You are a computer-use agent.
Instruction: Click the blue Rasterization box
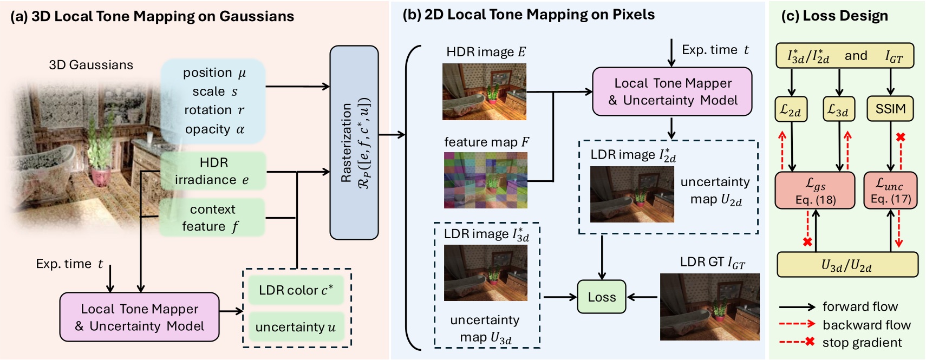pyautogui.click(x=354, y=142)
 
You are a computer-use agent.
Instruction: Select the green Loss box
pyautogui.click(x=602, y=297)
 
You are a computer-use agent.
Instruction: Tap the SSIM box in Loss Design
pyautogui.click(x=890, y=109)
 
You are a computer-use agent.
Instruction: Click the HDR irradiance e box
pyautogui.click(x=213, y=171)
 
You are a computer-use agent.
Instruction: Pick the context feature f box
pyautogui.click(x=212, y=218)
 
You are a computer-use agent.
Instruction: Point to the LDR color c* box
pyautogui.click(x=296, y=290)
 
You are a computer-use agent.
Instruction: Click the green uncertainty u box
pyautogui.click(x=296, y=327)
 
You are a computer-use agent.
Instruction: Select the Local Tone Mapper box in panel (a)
pyautogui.click(x=139, y=317)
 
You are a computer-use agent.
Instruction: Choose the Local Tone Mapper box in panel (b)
pyautogui.click(x=672, y=91)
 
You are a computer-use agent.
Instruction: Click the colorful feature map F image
pyautogui.click(x=485, y=180)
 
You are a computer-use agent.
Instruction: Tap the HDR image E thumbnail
pyautogui.click(x=484, y=91)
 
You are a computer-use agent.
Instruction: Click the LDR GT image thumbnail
pyautogui.click(x=709, y=307)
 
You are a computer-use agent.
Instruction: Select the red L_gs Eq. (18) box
pyautogui.click(x=814, y=191)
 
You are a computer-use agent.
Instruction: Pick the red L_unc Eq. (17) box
pyautogui.click(x=890, y=191)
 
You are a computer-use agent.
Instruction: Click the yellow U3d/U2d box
pyautogui.click(x=847, y=265)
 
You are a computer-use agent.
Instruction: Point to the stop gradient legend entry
pyautogui.click(x=862, y=342)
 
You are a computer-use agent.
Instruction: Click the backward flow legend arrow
pyautogui.click(x=797, y=324)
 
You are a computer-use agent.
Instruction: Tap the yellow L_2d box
pyautogui.click(x=791, y=110)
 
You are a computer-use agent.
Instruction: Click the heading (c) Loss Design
pyautogui.click(x=834, y=16)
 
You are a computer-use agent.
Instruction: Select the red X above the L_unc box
pyautogui.click(x=901, y=138)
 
